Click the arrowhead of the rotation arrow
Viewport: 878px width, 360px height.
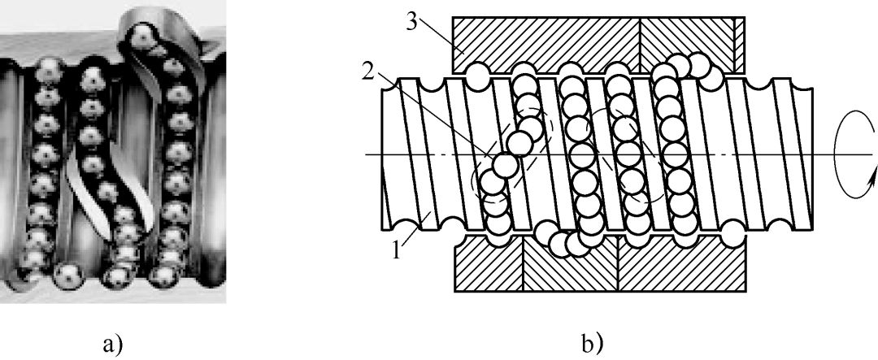click(x=873, y=176)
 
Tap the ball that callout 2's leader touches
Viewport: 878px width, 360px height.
click(x=504, y=164)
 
